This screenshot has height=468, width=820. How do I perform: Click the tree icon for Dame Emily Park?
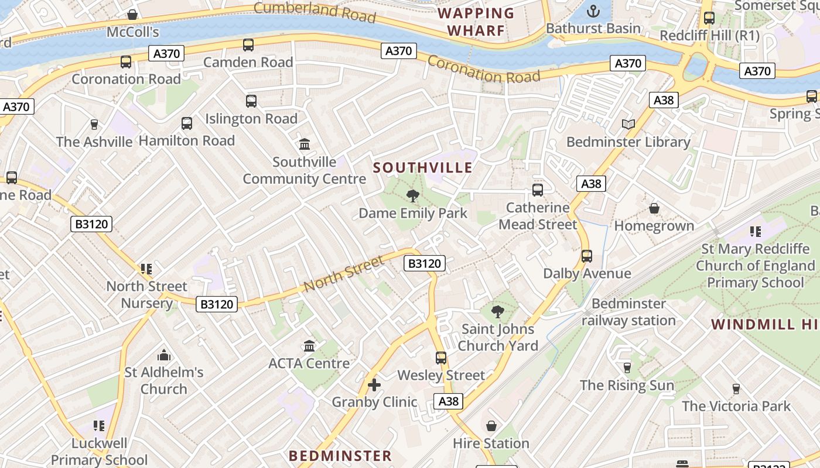point(413,196)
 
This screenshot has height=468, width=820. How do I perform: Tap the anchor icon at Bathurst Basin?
point(593,11)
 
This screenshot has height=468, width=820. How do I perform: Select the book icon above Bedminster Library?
point(628,124)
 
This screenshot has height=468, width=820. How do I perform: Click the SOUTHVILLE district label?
point(422,168)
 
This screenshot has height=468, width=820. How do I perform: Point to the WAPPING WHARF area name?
point(476,22)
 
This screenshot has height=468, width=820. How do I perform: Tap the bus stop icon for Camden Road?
point(248,45)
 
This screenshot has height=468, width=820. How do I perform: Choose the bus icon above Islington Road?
point(251,101)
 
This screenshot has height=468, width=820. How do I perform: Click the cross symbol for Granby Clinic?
point(374,385)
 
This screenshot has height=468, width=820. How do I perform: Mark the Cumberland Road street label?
point(315,11)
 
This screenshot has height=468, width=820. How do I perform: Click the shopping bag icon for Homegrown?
point(654,209)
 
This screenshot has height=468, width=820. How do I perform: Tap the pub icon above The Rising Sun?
point(627,367)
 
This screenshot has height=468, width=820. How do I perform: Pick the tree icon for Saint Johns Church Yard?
point(498,312)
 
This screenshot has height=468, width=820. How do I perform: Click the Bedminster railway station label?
point(628,312)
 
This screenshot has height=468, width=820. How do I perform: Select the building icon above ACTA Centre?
point(309,346)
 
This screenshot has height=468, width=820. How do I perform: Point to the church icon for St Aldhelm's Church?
point(164,355)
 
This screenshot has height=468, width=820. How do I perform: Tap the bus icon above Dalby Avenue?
point(587,256)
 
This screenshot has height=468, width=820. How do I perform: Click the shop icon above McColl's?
point(133,15)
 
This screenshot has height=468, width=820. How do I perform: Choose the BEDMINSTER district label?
point(340,456)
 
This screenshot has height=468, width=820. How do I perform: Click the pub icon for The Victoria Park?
point(736,389)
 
